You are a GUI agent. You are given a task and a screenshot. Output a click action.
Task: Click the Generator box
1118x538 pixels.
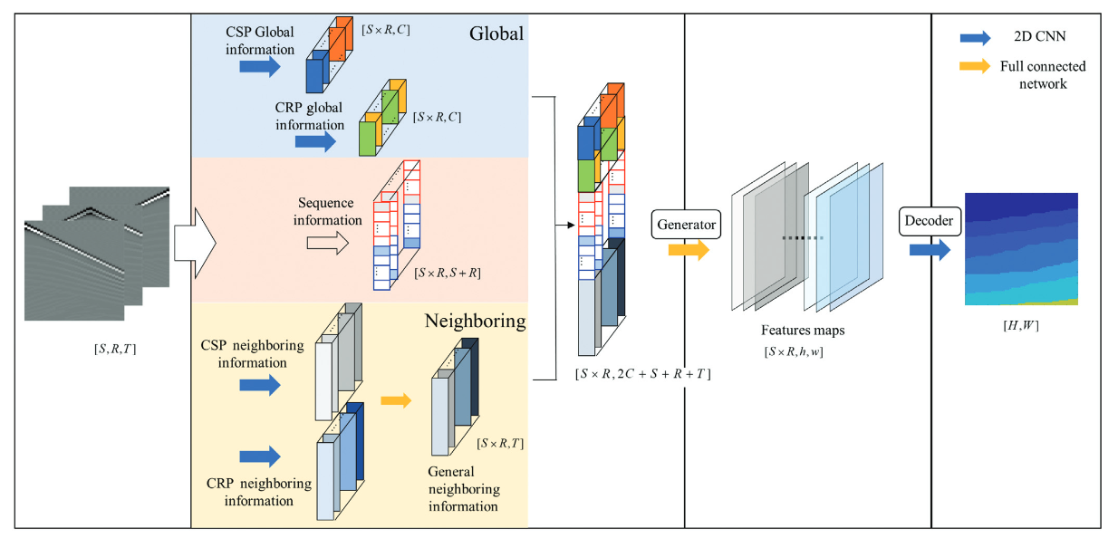(685, 223)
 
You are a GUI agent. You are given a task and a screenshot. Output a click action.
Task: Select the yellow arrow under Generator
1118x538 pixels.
(689, 250)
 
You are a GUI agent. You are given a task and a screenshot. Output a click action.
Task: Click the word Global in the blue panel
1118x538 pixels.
(496, 34)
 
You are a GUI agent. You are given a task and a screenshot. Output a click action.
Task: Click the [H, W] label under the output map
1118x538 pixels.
(1021, 323)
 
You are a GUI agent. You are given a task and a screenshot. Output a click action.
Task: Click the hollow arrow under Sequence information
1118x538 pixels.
(328, 242)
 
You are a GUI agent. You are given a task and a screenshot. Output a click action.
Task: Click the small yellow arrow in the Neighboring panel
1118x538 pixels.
(396, 399)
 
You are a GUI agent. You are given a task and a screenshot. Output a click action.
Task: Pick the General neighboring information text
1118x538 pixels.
(463, 489)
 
